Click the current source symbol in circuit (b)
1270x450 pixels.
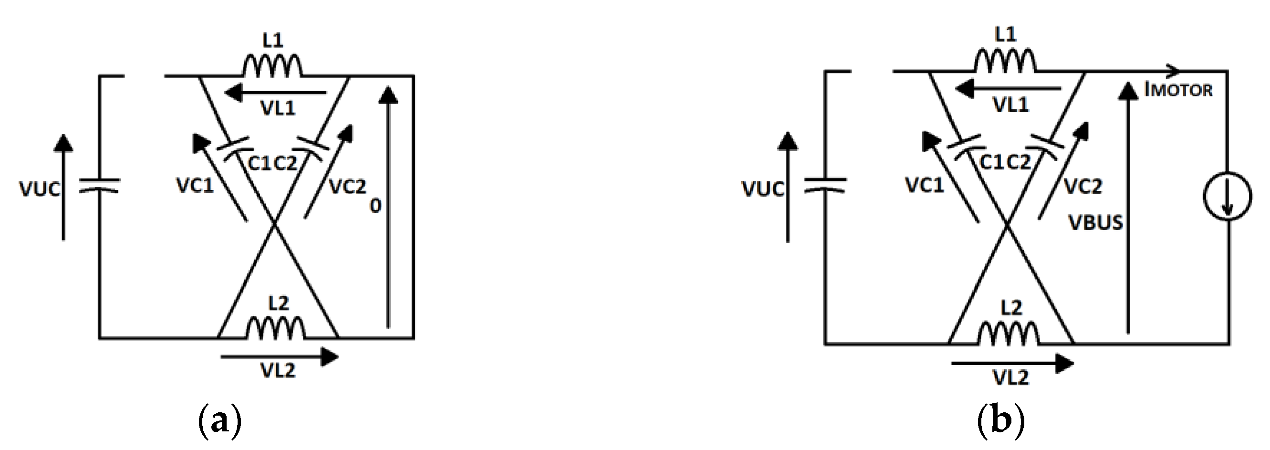click(1227, 196)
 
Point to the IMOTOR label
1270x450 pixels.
click(1178, 90)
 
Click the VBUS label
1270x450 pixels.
click(1095, 223)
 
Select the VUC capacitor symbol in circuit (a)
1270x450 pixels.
click(99, 186)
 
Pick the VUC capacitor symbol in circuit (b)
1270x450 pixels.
click(825, 186)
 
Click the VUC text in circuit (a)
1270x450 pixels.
click(40, 189)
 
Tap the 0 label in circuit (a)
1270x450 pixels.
click(375, 206)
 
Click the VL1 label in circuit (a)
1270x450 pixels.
click(278, 108)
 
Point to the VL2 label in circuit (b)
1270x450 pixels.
click(1010, 377)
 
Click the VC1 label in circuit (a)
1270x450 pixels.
click(195, 185)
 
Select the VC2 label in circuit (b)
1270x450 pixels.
click(1083, 186)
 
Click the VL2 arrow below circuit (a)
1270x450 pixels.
click(280, 356)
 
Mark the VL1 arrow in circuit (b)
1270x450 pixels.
click(1008, 89)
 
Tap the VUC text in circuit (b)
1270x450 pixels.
click(763, 189)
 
